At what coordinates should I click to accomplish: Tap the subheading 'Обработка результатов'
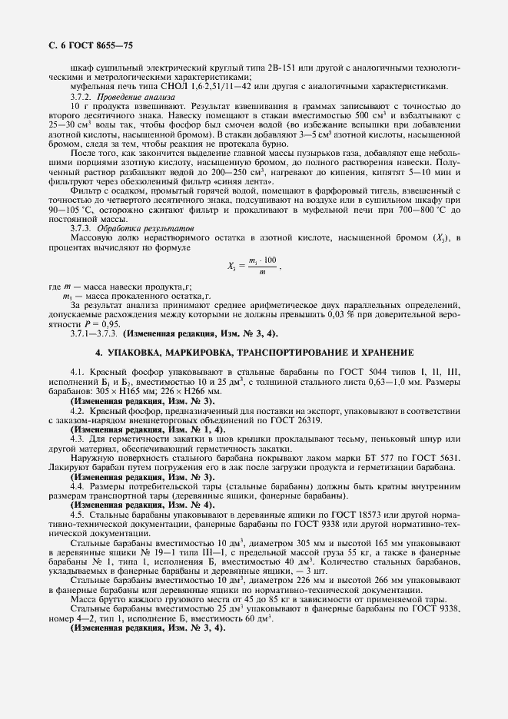click(x=140, y=228)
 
